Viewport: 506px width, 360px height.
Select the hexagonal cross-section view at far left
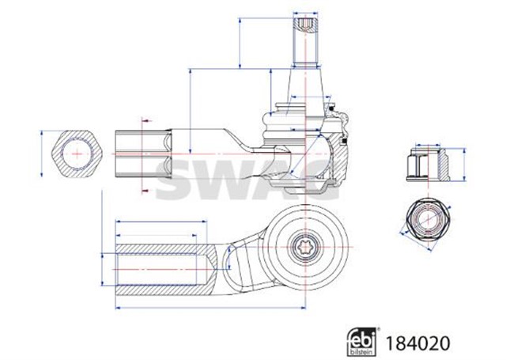76,152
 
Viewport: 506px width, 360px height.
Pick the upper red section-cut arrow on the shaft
145,120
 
